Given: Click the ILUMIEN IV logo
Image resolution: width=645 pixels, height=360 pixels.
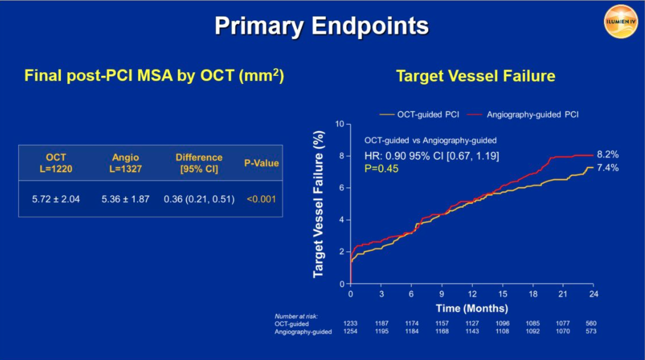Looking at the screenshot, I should [620, 22].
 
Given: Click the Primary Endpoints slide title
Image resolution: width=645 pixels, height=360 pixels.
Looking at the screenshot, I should [321, 26].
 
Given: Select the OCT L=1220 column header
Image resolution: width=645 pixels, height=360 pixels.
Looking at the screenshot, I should [56, 163].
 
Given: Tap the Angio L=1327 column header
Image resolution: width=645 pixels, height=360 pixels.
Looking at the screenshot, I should [125, 163].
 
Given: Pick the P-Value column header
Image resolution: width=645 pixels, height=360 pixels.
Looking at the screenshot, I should [261, 163].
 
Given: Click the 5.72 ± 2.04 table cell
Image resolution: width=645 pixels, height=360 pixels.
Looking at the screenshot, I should [56, 199].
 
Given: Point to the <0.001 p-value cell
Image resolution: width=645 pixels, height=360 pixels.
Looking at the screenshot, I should [261, 199].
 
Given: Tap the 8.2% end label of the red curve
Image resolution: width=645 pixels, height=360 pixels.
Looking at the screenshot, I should [607, 154].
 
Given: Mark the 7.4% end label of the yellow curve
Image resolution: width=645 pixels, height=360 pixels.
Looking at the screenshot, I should [607, 168].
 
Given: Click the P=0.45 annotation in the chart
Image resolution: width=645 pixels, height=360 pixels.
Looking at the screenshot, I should [381, 169].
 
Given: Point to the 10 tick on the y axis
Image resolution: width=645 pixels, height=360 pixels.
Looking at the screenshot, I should [340, 124].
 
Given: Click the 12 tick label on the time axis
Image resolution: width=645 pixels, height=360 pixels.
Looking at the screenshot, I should [472, 294].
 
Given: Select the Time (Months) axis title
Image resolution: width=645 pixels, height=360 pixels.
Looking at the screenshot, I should [472, 308].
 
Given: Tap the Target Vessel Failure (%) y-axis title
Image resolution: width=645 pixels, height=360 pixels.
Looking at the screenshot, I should [318, 204].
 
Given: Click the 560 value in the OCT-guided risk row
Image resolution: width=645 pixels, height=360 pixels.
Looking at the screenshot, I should [591, 323].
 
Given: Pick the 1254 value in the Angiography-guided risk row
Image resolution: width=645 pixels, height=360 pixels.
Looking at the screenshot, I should [350, 331].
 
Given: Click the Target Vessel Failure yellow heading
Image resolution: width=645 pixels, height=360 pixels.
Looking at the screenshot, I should [476, 76].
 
